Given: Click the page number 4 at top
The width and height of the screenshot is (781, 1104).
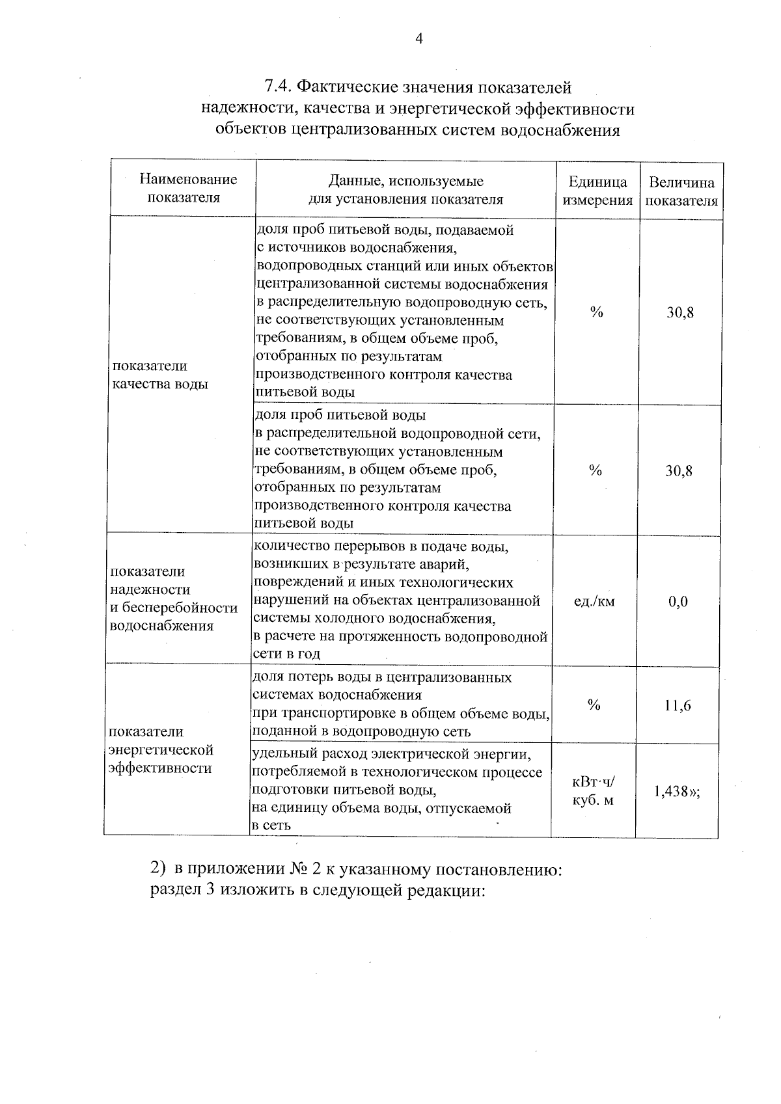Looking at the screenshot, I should [x=418, y=40].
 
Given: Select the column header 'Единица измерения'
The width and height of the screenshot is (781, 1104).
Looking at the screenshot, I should [x=597, y=191].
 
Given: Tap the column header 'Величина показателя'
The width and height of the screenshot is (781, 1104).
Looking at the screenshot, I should [x=681, y=191].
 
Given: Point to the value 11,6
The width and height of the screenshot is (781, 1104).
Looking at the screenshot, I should [x=678, y=706].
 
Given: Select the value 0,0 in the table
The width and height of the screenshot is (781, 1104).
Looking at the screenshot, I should [x=678, y=602].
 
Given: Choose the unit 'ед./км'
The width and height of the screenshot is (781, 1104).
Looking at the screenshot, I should [x=594, y=602].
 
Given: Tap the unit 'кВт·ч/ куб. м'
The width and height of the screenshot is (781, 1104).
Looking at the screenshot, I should [x=593, y=791].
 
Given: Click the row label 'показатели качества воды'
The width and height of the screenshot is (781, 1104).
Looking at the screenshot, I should [x=160, y=375].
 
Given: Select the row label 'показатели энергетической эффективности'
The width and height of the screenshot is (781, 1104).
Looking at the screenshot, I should [x=161, y=750].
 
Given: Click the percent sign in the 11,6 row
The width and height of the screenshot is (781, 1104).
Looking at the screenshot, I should [x=593, y=705].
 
